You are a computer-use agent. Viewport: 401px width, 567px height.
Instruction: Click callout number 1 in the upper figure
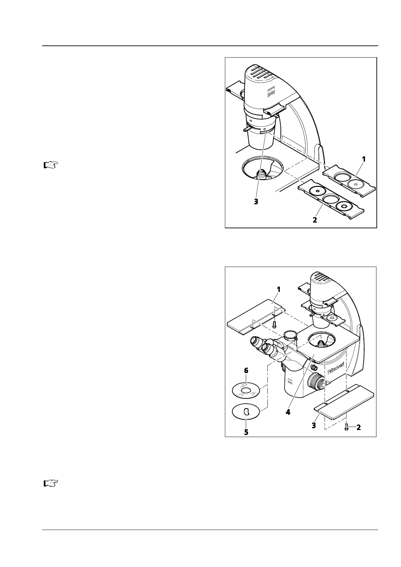click(x=364, y=158)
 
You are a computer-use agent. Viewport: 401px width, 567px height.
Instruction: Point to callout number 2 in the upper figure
click(x=314, y=220)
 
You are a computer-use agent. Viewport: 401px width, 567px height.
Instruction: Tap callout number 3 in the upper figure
click(x=256, y=202)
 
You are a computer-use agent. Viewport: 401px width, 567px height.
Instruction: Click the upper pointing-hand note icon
click(x=51, y=165)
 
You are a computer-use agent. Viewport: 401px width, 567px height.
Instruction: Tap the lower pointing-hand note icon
click(x=51, y=483)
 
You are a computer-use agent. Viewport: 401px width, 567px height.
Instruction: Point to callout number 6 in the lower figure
click(x=246, y=370)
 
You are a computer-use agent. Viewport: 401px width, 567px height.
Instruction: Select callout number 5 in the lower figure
click(x=246, y=432)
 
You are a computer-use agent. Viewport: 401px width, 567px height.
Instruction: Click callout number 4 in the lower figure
click(x=288, y=411)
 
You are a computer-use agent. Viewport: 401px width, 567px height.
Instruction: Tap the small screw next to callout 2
click(x=347, y=428)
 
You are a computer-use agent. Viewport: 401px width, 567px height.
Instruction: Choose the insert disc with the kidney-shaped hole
click(x=246, y=411)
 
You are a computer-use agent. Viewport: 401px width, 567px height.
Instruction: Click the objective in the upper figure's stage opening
click(x=262, y=174)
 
